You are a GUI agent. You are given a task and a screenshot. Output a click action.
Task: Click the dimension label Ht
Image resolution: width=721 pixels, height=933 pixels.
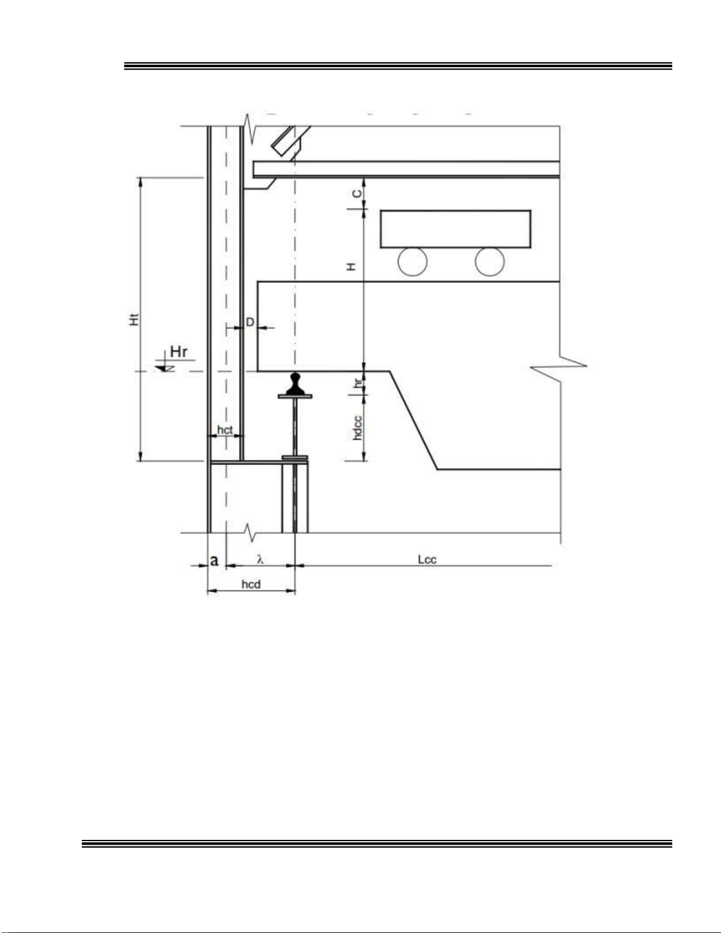(x=135, y=320)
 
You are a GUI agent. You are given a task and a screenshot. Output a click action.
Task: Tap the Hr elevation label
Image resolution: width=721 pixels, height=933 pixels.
(x=178, y=351)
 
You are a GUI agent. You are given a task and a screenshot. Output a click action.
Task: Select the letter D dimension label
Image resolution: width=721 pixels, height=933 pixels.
(x=250, y=322)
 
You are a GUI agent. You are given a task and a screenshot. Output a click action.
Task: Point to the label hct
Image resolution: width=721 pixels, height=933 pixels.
(x=225, y=430)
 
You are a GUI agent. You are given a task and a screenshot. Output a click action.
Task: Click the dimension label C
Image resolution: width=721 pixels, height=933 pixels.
(x=357, y=194)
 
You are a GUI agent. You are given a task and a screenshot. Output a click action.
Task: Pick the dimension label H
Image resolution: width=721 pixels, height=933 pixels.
(x=351, y=267)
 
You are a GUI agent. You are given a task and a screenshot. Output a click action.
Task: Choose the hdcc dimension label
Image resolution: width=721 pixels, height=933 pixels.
(x=357, y=427)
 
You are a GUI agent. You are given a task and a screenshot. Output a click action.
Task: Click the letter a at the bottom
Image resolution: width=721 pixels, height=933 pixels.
(x=214, y=560)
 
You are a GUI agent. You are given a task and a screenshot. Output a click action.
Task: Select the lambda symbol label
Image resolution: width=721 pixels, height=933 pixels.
(x=260, y=559)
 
